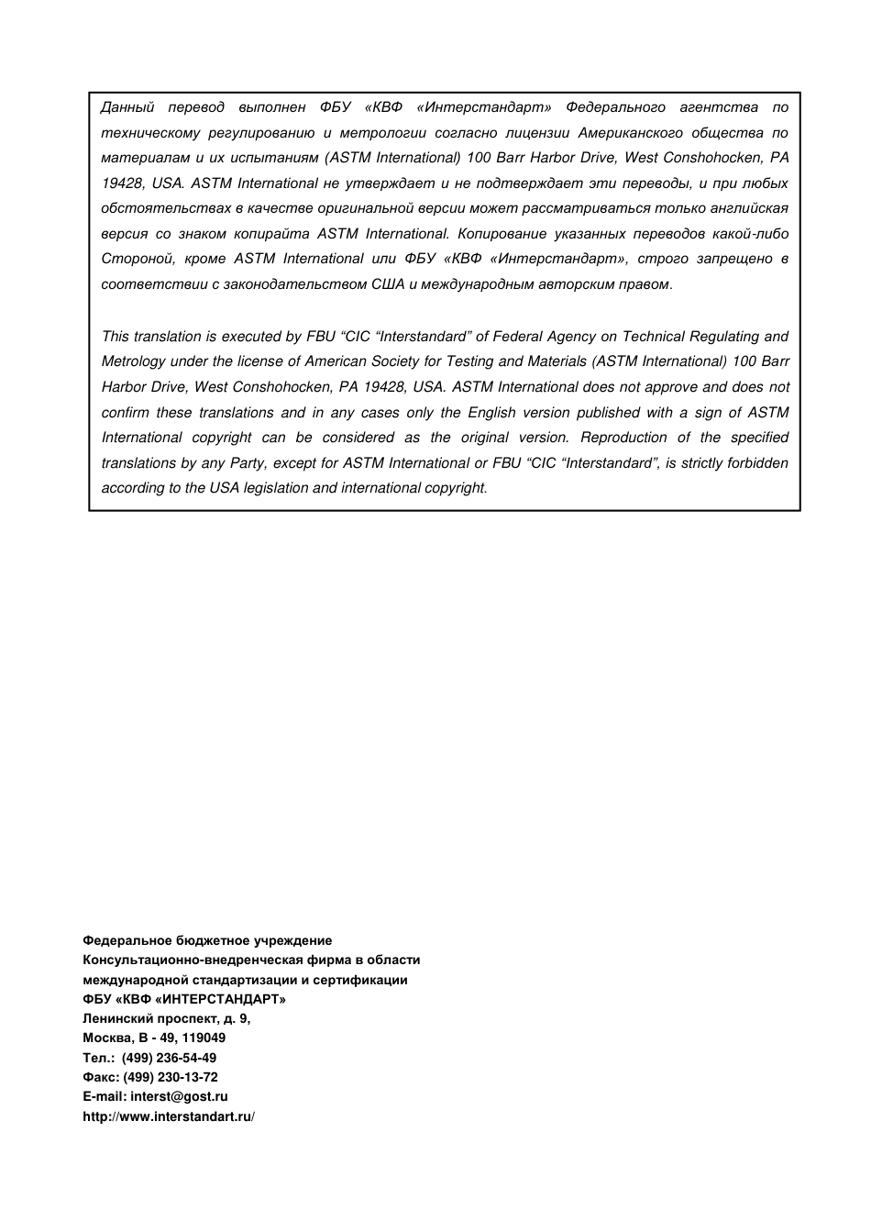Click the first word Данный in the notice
click(x=127, y=107)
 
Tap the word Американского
click(x=630, y=133)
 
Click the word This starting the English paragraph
click(x=115, y=337)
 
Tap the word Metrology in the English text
click(x=134, y=361)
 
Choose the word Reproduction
click(x=623, y=438)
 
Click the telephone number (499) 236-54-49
click(x=169, y=1058)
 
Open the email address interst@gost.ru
click(x=179, y=1096)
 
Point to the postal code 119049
click(x=204, y=1038)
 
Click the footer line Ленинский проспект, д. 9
click(x=166, y=1018)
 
